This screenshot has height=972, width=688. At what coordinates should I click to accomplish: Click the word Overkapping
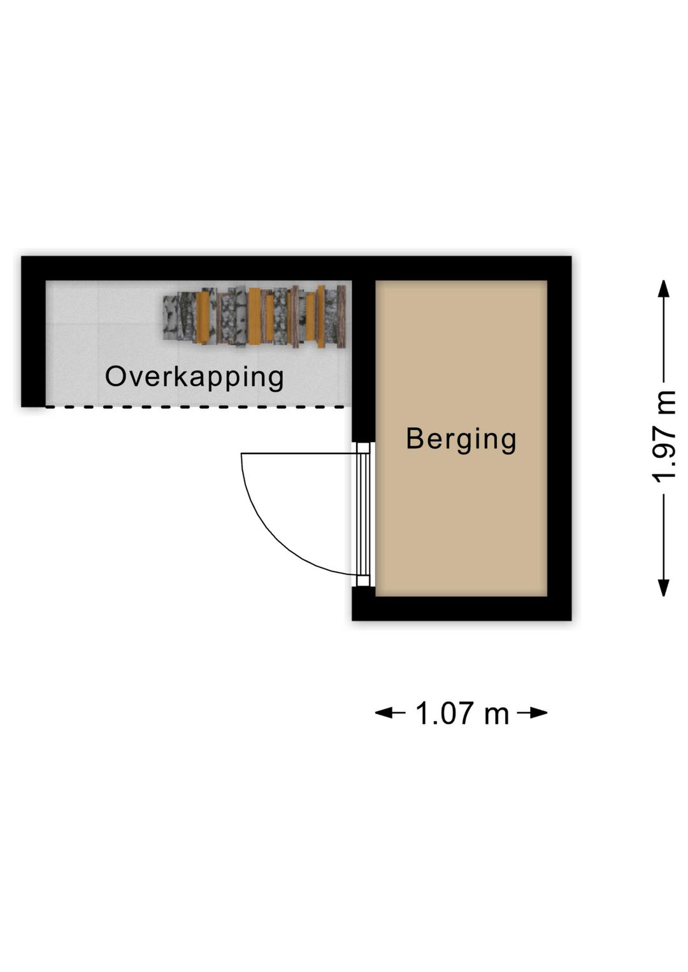[194, 377]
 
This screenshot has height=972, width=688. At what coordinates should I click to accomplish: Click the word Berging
[461, 440]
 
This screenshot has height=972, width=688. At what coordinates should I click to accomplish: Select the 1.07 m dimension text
[462, 713]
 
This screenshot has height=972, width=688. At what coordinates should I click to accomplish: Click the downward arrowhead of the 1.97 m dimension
[663, 587]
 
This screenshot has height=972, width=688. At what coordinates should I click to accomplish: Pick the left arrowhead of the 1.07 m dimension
[383, 713]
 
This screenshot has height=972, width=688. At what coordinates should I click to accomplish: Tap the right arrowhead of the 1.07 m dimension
[539, 713]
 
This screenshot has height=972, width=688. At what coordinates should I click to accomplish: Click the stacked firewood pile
[254, 317]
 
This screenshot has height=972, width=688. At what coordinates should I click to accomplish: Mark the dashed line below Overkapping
[196, 406]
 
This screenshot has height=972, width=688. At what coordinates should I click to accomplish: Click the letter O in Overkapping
[115, 376]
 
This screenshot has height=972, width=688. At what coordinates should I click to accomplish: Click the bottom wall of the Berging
[461, 608]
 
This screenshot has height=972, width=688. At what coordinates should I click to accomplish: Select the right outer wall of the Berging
[559, 438]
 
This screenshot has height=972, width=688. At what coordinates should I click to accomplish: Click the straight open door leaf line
[299, 454]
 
